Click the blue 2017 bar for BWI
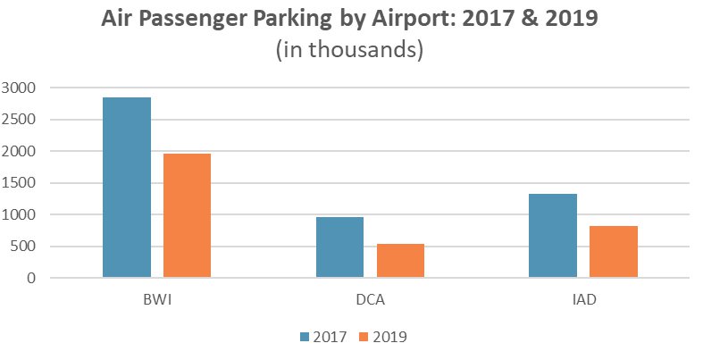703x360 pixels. tap(126, 188)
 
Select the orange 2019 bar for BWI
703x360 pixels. tap(187, 215)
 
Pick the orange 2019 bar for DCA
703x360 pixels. tap(400, 261)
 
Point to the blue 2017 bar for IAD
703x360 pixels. tap(552, 236)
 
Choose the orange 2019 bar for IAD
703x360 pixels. tap(613, 252)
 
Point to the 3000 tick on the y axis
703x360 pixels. tap(20, 88)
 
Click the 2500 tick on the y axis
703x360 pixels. tap(20, 120)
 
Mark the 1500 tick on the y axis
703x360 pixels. tap(20, 183)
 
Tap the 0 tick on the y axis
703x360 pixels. tap(31, 279)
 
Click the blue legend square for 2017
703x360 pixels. tap(305, 337)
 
